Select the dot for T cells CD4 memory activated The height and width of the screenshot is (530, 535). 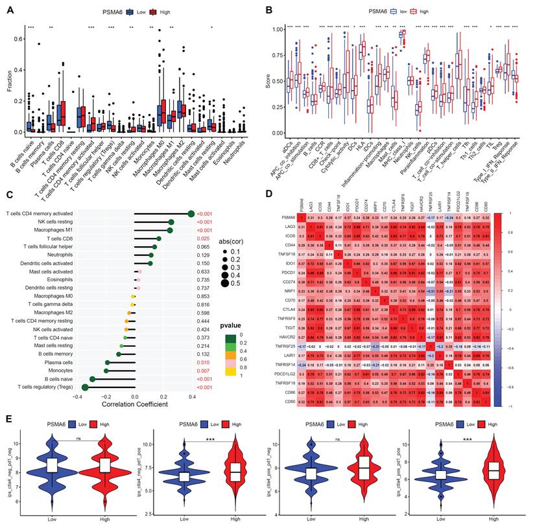pyautogui.click(x=191, y=213)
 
